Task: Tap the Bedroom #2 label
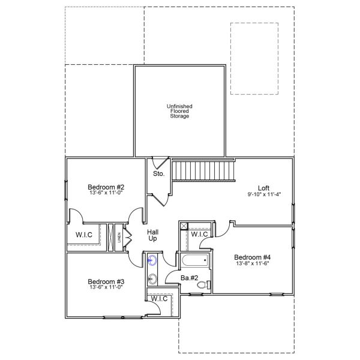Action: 105,186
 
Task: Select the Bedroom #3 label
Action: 106,281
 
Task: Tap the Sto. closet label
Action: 158,174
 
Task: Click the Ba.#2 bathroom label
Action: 190,278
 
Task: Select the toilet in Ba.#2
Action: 203,284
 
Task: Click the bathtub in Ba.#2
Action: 194,260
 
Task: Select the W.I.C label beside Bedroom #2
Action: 84,234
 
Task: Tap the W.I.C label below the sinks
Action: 159,298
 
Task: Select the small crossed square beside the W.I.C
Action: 184,226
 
